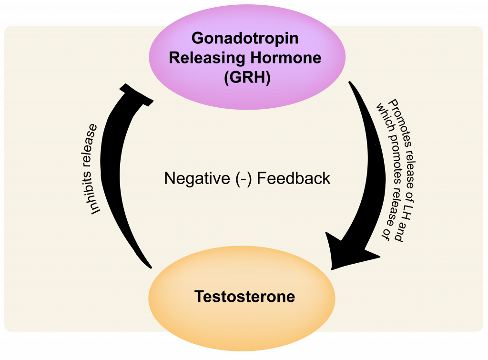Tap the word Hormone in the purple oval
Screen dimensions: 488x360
coord(286,58)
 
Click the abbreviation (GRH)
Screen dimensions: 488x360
coord(247,77)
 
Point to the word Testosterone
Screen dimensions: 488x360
coord(244,296)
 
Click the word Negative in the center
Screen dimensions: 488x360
coord(197,178)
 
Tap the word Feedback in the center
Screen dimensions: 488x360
coord(294,178)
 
